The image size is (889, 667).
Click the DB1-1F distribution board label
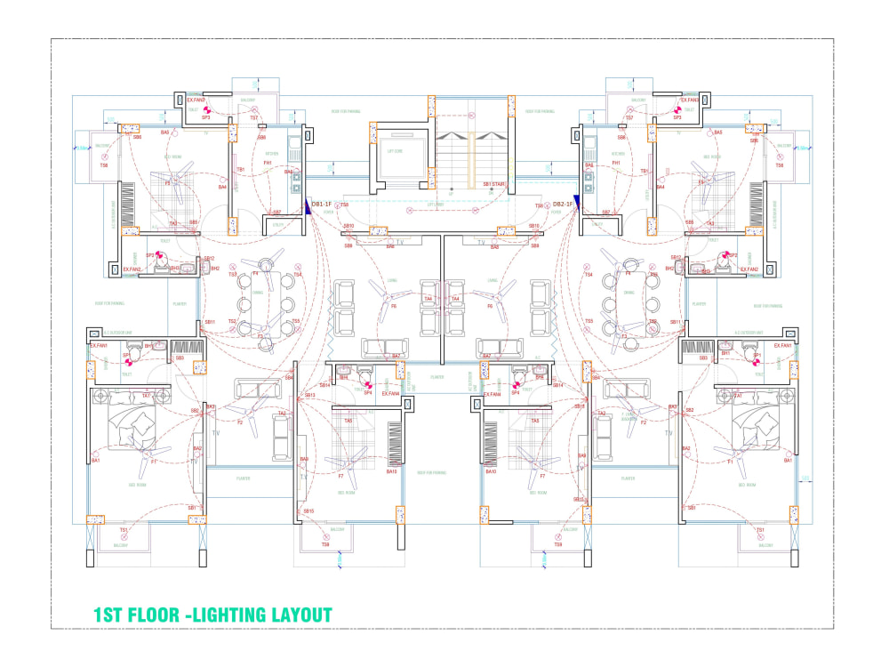coord(322,205)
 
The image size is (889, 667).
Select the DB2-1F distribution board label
coord(562,205)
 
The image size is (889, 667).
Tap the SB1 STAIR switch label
coord(493,184)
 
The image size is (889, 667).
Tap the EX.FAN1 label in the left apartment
coord(99,345)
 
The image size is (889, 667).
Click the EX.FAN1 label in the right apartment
coord(782,345)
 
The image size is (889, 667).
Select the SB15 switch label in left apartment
coord(308,511)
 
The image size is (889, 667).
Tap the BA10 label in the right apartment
coord(491,471)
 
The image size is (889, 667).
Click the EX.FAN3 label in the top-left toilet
coord(196,100)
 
